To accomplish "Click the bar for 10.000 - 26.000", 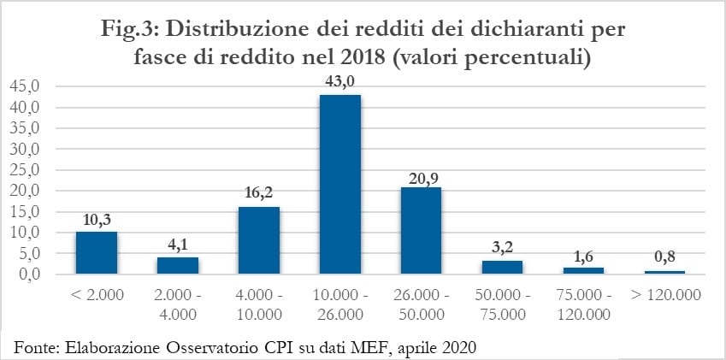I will coord(340,184).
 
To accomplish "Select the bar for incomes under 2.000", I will coord(97,252).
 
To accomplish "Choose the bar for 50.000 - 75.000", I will coord(502,267).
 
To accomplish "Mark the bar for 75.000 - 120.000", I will coord(583,270).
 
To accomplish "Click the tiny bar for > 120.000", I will coord(664,272).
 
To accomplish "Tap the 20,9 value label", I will coord(421,176).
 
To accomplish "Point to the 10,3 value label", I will coord(97,220).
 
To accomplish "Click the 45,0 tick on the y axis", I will coord(26,86).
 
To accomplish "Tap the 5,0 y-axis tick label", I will coord(29,253).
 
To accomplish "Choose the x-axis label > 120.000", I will coord(664,295).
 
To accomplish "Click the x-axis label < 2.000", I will coord(97,295).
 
